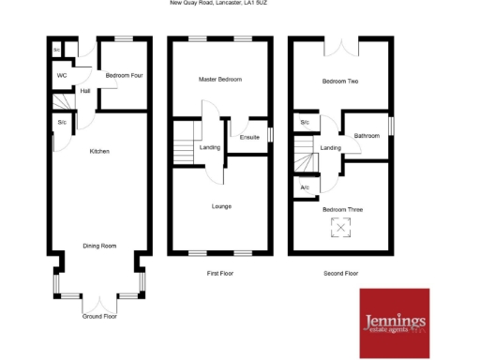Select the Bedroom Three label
click(x=341, y=210)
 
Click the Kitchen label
click(x=99, y=151)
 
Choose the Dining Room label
click(x=99, y=246)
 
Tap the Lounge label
click(x=221, y=206)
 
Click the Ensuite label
click(x=249, y=138)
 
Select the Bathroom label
click(x=367, y=136)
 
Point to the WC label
click(x=62, y=75)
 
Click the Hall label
click(x=85, y=91)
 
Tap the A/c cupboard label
click(x=305, y=188)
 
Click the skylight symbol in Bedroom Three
click(x=341, y=228)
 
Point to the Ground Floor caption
click(x=99, y=317)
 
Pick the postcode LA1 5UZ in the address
click(x=256, y=4)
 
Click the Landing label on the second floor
click(x=330, y=147)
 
